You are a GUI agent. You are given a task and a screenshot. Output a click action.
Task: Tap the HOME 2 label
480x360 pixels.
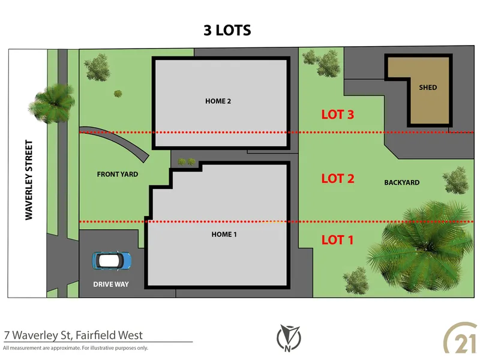click(x=218, y=101)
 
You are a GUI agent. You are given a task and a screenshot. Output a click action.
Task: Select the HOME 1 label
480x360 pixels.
click(x=224, y=234)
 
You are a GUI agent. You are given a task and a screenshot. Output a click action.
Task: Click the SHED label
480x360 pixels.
click(x=428, y=88)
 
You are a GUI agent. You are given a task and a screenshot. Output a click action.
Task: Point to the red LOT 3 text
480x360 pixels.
click(x=338, y=115)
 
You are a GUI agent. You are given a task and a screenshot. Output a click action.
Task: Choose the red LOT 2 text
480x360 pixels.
click(x=338, y=178)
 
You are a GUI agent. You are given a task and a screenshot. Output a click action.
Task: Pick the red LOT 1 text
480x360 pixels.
click(x=337, y=240)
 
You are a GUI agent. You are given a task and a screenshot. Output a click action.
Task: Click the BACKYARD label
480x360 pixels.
click(x=401, y=182)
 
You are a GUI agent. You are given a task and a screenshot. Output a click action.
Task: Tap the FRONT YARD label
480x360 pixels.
click(x=118, y=175)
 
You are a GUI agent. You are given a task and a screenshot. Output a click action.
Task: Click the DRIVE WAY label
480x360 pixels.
click(x=111, y=284)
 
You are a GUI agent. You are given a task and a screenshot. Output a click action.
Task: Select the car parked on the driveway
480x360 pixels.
click(x=112, y=260)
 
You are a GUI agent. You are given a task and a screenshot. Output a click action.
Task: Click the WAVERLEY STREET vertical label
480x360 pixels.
click(x=28, y=181)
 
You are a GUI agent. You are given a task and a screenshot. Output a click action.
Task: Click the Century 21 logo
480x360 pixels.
click(x=459, y=339)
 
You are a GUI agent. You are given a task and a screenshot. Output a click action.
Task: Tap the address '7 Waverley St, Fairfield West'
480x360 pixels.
click(x=73, y=335)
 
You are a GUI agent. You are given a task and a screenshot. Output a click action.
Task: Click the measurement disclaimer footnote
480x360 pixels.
click(x=76, y=348)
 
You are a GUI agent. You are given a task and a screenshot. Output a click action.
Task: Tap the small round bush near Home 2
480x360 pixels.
click(x=118, y=94)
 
